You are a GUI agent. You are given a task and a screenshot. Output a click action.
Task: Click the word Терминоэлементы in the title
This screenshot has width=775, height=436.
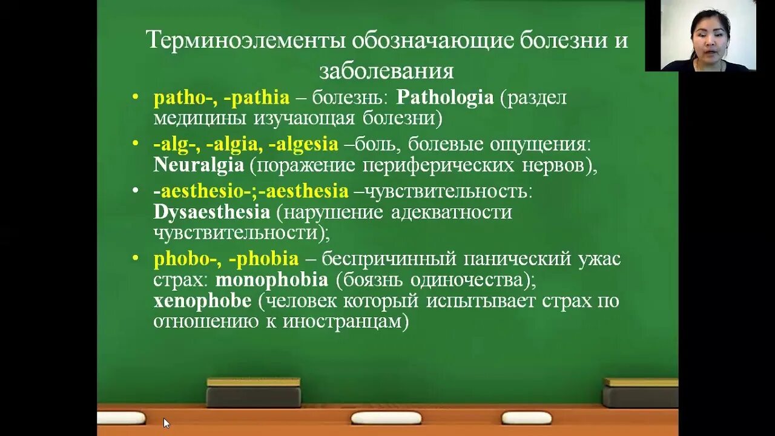[245, 41]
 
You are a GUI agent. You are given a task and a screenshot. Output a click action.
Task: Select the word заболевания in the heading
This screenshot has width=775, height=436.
[386, 71]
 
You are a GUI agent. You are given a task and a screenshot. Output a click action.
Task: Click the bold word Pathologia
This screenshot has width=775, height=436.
[445, 98]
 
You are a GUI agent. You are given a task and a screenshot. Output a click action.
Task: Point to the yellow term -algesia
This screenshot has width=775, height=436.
[303, 144]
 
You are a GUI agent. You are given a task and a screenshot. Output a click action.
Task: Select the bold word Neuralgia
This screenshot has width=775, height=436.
[199, 165]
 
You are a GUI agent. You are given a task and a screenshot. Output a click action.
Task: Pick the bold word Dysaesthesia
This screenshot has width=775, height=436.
[211, 213]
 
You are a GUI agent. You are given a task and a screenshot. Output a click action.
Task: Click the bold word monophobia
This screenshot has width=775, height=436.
[271, 280]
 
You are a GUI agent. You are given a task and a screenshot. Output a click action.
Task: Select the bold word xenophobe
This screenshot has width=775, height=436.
[202, 301]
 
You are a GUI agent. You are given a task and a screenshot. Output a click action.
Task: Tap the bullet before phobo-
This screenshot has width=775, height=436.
[136, 259]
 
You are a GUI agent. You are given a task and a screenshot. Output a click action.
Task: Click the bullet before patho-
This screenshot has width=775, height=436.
[136, 97]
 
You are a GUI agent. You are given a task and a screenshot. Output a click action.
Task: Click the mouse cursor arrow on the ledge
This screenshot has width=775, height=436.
[167, 423]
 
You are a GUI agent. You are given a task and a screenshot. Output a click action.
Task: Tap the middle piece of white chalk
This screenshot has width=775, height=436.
[386, 418]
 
